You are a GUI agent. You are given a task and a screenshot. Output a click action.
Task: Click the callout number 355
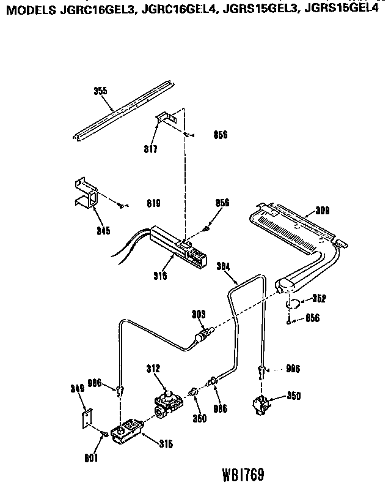tap(100, 91)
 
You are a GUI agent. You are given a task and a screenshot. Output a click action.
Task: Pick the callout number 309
tap(323, 211)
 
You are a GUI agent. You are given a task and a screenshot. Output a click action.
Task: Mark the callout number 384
tap(224, 266)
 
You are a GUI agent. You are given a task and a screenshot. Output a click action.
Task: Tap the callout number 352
tap(318, 299)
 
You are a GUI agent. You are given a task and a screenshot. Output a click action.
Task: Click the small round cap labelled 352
tap(293, 304)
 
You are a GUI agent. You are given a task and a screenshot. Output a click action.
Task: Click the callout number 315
tap(166, 444)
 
